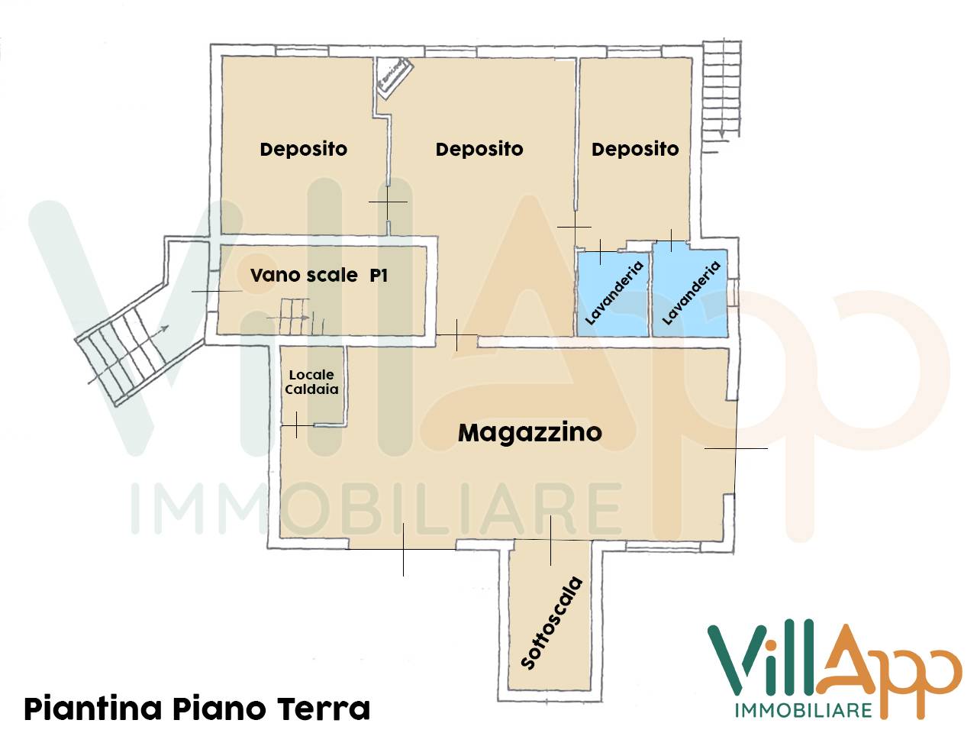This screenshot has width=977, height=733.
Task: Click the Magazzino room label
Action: click(530, 432)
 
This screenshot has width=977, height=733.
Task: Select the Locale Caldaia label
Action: click(311, 382)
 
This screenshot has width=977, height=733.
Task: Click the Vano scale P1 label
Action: click(318, 275)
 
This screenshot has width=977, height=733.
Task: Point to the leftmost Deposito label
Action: click(303, 149)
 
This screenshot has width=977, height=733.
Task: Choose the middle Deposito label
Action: click(479, 149)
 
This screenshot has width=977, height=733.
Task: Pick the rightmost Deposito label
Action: click(635, 149)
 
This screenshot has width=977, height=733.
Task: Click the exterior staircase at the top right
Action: click(721, 88)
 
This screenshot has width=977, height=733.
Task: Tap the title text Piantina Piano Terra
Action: click(197, 709)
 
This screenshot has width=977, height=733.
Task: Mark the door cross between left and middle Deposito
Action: click(388, 202)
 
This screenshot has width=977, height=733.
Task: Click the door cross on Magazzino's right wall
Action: click(736, 448)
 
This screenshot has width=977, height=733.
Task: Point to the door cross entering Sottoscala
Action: click(550, 540)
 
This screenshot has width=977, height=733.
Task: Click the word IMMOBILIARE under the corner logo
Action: click(803, 710)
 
